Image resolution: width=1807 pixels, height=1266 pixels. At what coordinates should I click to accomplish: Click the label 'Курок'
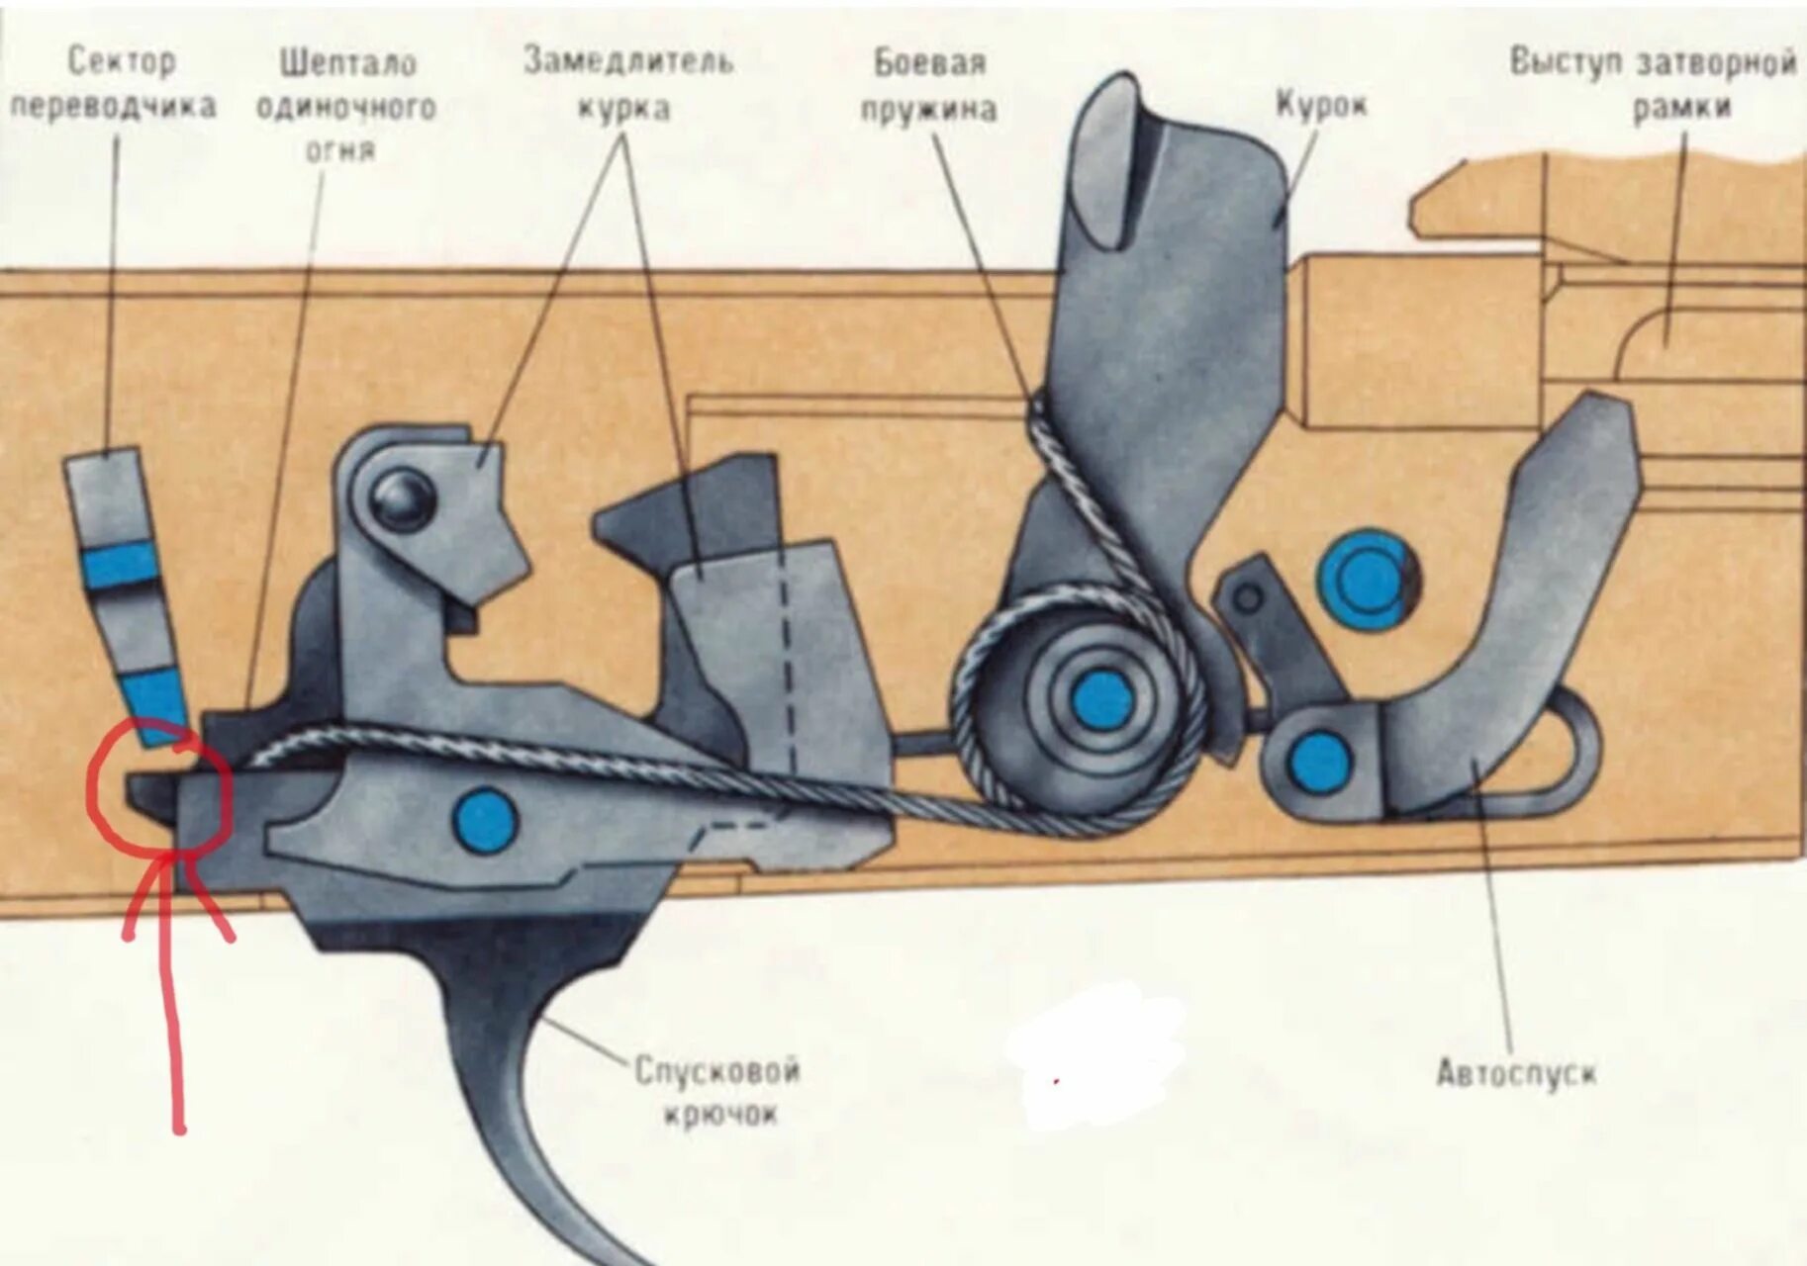(1320, 105)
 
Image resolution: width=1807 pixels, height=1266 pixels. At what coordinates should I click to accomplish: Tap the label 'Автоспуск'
(1515, 1073)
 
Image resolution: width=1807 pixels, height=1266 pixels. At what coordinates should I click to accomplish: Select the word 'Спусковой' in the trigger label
(716, 1071)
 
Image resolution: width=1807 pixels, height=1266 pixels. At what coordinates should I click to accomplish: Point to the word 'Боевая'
(929, 63)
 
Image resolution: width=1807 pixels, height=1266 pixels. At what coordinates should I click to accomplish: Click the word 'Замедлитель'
(628, 61)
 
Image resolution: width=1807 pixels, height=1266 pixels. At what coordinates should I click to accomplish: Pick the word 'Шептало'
(347, 63)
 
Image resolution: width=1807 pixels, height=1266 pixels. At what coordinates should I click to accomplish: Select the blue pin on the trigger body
(485, 819)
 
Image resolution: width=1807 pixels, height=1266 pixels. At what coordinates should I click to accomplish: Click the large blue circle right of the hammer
(1366, 579)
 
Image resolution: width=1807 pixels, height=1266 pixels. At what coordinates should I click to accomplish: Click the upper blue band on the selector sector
(121, 566)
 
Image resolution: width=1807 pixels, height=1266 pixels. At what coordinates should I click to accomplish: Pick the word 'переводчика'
(114, 106)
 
